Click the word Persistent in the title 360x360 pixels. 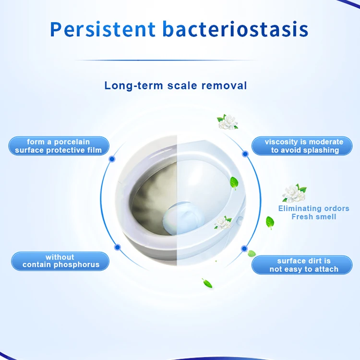(x=103, y=29)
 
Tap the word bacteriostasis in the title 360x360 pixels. (x=235, y=29)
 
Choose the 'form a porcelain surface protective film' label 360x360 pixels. (x=59, y=146)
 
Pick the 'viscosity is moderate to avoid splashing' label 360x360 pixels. (x=304, y=146)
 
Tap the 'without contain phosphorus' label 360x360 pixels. (x=60, y=261)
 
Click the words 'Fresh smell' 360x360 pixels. (x=314, y=217)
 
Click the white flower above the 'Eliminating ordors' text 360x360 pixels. (x=294, y=193)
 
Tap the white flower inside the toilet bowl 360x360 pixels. (x=222, y=222)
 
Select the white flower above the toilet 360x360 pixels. (x=228, y=121)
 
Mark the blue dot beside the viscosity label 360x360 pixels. (x=245, y=154)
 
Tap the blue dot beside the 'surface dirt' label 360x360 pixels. (x=244, y=249)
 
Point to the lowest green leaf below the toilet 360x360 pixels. (x=207, y=283)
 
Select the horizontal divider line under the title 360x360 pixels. (x=180, y=60)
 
